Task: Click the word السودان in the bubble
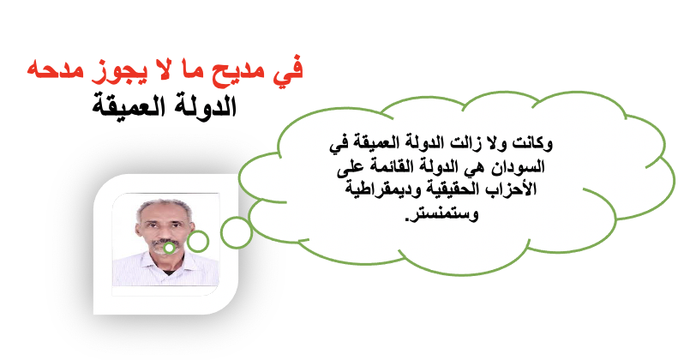pos(520,167)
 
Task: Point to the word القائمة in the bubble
pos(389,167)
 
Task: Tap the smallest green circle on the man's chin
pos(169,243)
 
